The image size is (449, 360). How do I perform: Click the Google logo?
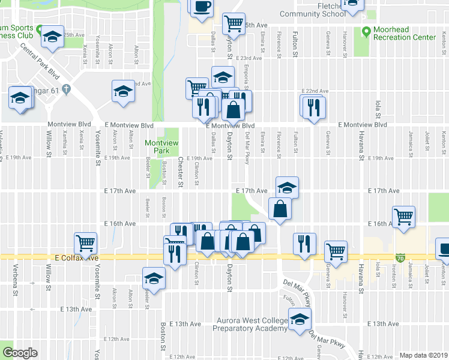click(20, 353)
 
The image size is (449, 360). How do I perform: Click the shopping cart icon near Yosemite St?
click(86, 243)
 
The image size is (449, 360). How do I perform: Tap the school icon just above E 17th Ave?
click(287, 187)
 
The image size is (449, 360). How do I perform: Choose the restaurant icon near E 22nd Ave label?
click(313, 106)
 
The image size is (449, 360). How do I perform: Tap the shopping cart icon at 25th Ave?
click(233, 23)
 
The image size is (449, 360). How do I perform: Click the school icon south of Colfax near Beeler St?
click(154, 277)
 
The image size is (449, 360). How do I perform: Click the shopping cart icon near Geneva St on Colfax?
click(336, 250)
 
